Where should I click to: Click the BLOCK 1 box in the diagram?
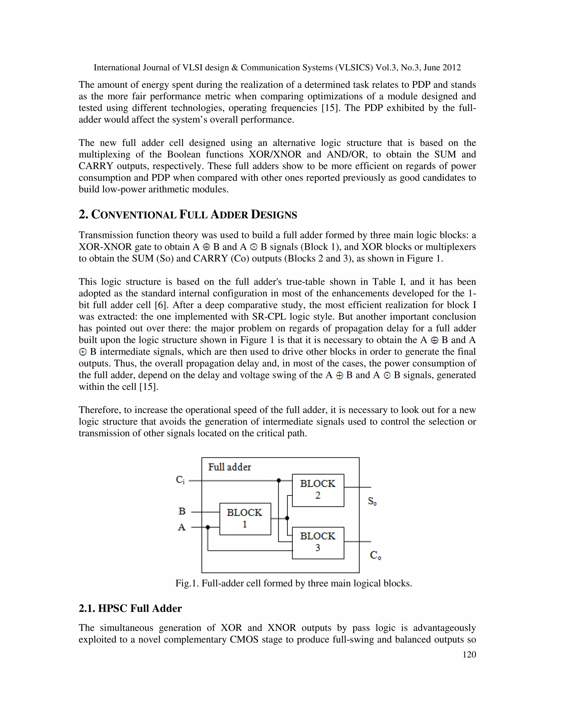coord(245,519)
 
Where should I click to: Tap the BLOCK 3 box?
coord(318,542)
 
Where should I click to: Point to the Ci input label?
coord(180,480)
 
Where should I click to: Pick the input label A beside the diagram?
coord(182,527)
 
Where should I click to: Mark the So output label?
coord(372,501)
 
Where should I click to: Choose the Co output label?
coord(376,555)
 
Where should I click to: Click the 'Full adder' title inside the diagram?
coord(230,467)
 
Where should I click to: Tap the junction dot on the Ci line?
coord(279,480)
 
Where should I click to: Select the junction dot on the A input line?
coord(208,527)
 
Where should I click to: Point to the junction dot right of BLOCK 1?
coord(287,518)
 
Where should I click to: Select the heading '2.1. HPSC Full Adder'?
coord(130,608)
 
